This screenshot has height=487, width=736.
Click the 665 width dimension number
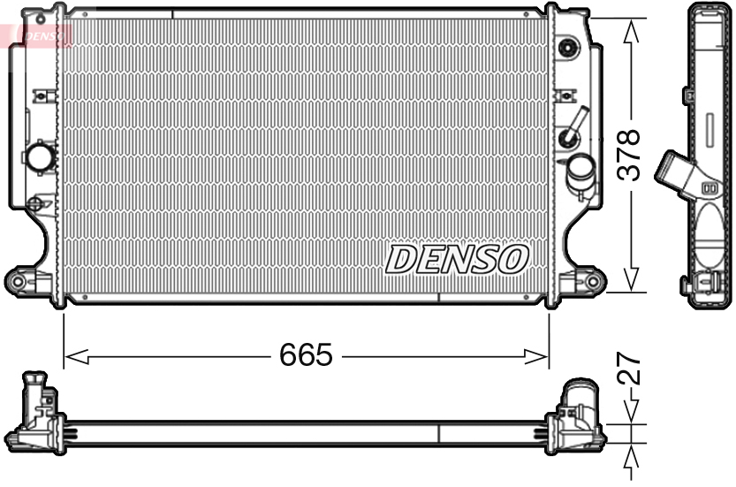(306, 355)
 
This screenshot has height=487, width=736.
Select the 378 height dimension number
(628, 156)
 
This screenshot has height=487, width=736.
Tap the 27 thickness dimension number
(629, 370)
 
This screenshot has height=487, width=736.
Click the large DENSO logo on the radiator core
(457, 259)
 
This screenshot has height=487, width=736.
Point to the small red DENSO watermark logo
(44, 35)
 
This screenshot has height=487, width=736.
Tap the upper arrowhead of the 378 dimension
(631, 30)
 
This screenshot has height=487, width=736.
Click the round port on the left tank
(40, 158)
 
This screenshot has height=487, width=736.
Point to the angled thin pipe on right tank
(576, 124)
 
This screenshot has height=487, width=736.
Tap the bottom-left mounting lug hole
(17, 281)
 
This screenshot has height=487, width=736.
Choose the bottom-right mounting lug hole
(594, 282)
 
